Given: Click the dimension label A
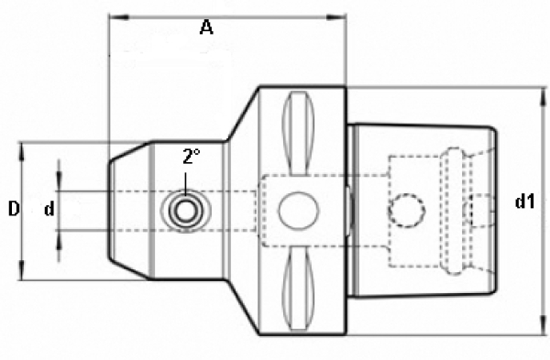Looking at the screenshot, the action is point(206,27).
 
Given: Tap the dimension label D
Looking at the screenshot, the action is point(14,209).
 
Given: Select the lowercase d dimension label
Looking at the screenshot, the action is point(49,209).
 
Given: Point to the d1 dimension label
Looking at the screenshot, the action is point(524,202).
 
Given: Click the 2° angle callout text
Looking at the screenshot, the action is point(192,157).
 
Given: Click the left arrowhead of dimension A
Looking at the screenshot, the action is point(119,17).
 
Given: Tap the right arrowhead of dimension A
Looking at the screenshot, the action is point(336,17).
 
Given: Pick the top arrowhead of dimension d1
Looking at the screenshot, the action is point(543,97).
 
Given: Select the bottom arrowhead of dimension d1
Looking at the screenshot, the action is point(543,324).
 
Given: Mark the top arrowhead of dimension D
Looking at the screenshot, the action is point(23,152).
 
